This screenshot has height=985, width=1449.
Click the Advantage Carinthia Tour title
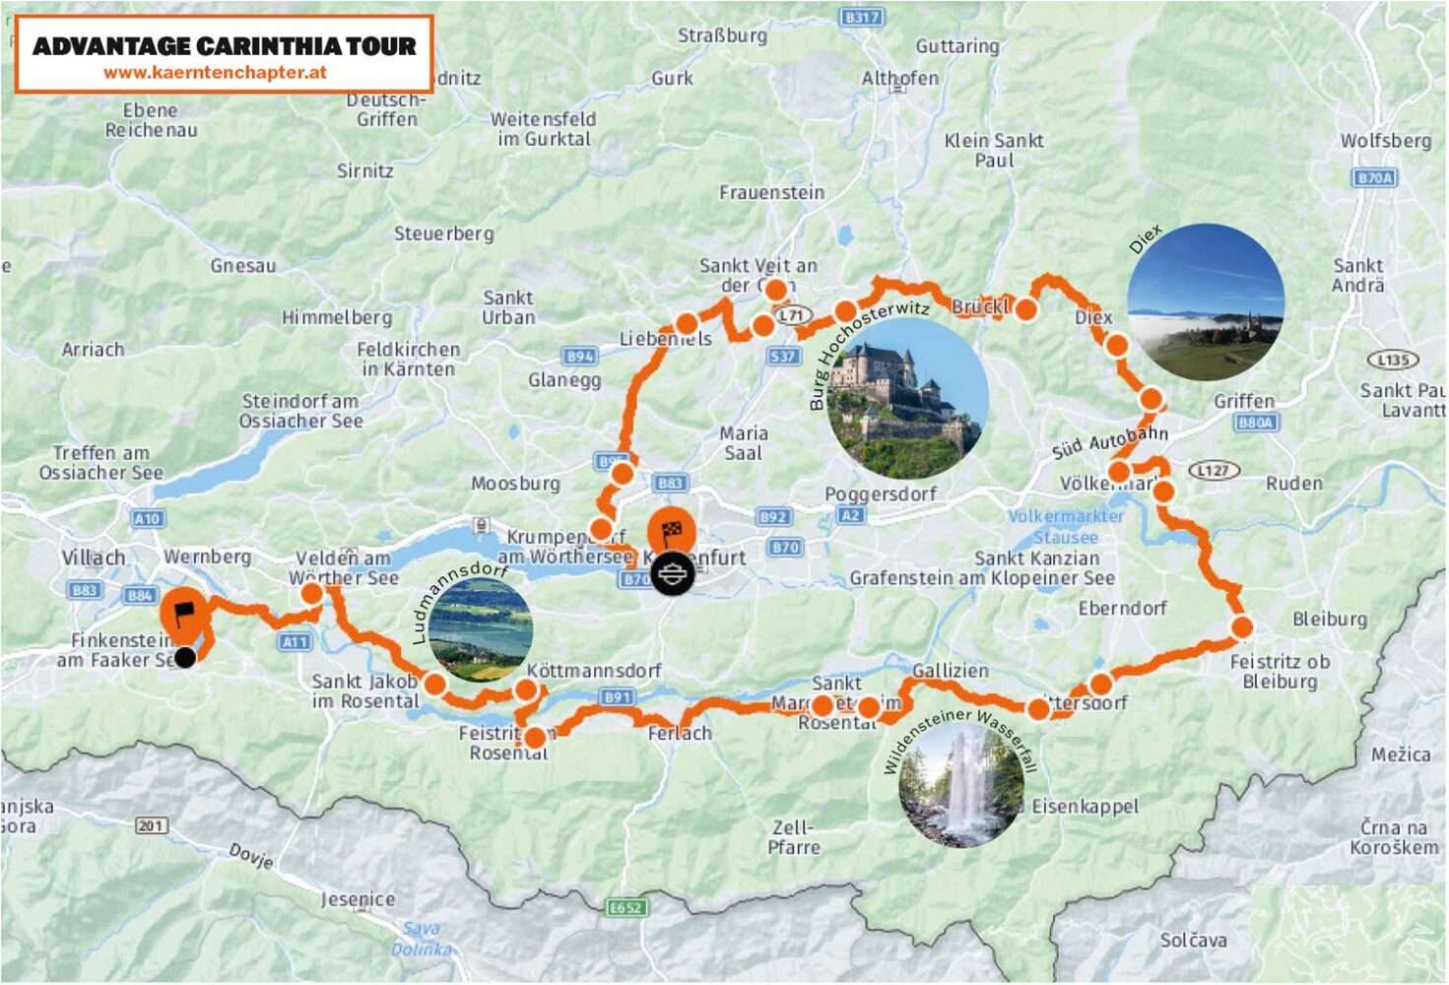tap(224, 45)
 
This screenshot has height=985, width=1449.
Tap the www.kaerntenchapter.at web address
tap(215, 73)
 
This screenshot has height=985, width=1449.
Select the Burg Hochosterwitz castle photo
tap(907, 399)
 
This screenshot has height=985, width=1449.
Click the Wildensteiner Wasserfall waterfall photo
tap(961, 785)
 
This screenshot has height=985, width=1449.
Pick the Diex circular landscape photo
tap(1206, 302)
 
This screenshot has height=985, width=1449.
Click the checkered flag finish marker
tap(672, 533)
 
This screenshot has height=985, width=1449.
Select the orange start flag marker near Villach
tap(183, 613)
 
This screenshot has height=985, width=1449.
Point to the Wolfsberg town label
tap(1385, 141)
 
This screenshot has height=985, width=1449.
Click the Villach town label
tap(94, 558)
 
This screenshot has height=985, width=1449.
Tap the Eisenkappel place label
tap(1085, 807)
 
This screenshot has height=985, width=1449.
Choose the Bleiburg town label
tap(1330, 620)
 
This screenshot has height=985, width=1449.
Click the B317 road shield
tap(862, 18)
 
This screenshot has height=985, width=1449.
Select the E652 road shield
tap(626, 907)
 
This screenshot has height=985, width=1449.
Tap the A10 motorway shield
tap(147, 518)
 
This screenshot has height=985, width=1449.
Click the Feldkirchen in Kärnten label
tap(408, 360)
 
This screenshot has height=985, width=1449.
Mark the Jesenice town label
tap(358, 899)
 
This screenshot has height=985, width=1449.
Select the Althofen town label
tap(899, 78)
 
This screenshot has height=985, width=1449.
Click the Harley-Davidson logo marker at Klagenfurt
tap(673, 573)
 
